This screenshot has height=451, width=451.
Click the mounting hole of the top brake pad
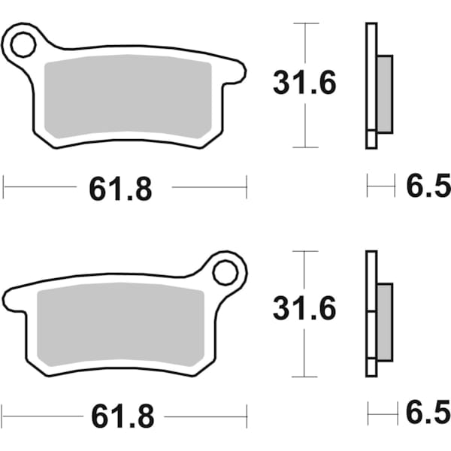[24, 44]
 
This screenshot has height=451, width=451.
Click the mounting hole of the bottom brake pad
[225, 272]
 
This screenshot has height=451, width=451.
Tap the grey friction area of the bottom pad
[120, 324]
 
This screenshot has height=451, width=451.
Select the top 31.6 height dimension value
[304, 85]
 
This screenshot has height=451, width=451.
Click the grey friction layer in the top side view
[384, 93]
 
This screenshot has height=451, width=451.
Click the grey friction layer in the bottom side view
[384, 321]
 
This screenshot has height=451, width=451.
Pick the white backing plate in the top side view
[371, 86]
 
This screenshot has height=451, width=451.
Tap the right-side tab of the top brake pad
[236, 72]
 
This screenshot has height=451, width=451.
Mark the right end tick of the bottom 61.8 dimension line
[247, 414]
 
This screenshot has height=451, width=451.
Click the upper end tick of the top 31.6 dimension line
[304, 23]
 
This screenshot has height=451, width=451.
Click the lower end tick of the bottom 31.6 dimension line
[304, 375]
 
